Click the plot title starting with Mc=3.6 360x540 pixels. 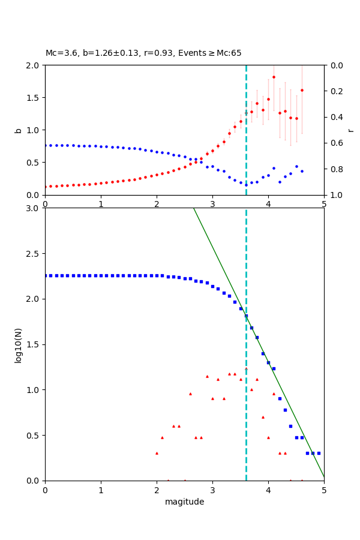(143, 53)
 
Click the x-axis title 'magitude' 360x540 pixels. (184, 502)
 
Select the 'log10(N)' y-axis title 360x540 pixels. (18, 344)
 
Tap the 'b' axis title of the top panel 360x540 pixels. (18, 130)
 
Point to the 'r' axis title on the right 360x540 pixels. (350, 130)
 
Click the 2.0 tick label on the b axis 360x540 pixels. (34, 65)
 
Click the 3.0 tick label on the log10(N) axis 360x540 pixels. (34, 208)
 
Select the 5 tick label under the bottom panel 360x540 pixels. (324, 490)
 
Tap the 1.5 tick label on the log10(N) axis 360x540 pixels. (34, 344)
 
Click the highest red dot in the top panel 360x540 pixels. (274, 77)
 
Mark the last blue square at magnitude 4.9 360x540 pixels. (319, 453)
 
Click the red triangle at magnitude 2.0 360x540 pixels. (157, 453)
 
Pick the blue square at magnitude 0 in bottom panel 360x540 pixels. (45, 275)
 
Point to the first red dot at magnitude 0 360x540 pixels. (45, 187)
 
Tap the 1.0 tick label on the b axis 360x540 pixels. (34, 130)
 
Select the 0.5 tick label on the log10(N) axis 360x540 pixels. (34, 435)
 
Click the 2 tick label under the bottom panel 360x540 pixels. (157, 490)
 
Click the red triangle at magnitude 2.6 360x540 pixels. (190, 394)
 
